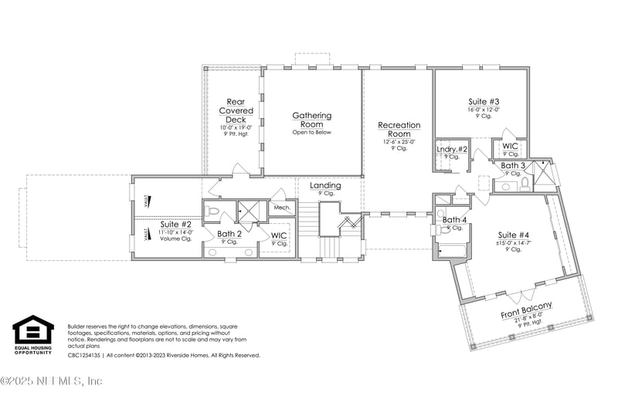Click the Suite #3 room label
coord(484,101)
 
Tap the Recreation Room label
coord(399,129)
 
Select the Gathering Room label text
coord(311,120)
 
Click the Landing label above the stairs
coord(325,186)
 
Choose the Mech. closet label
coord(281,208)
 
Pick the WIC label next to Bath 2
coord(278,235)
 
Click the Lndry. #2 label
coord(452,149)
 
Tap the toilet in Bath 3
coord(525,183)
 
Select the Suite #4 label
coord(514,235)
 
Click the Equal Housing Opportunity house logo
coord(33,330)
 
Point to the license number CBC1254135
coord(84,356)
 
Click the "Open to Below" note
coord(311,132)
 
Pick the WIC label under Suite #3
coord(510,146)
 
